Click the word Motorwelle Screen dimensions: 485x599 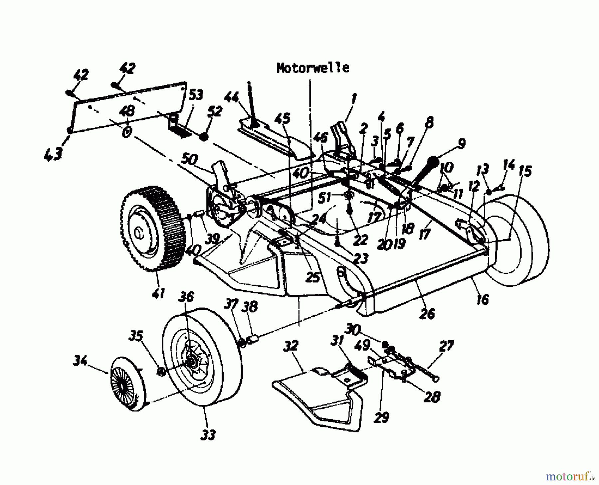click(313, 68)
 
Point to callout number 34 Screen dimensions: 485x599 click(80, 360)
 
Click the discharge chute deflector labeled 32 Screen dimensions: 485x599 click(316, 396)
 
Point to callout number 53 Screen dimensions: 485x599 click(196, 96)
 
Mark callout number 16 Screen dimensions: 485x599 click(483, 299)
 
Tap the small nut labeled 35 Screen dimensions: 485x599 click(160, 372)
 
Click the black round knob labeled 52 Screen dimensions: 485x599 click(204, 137)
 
